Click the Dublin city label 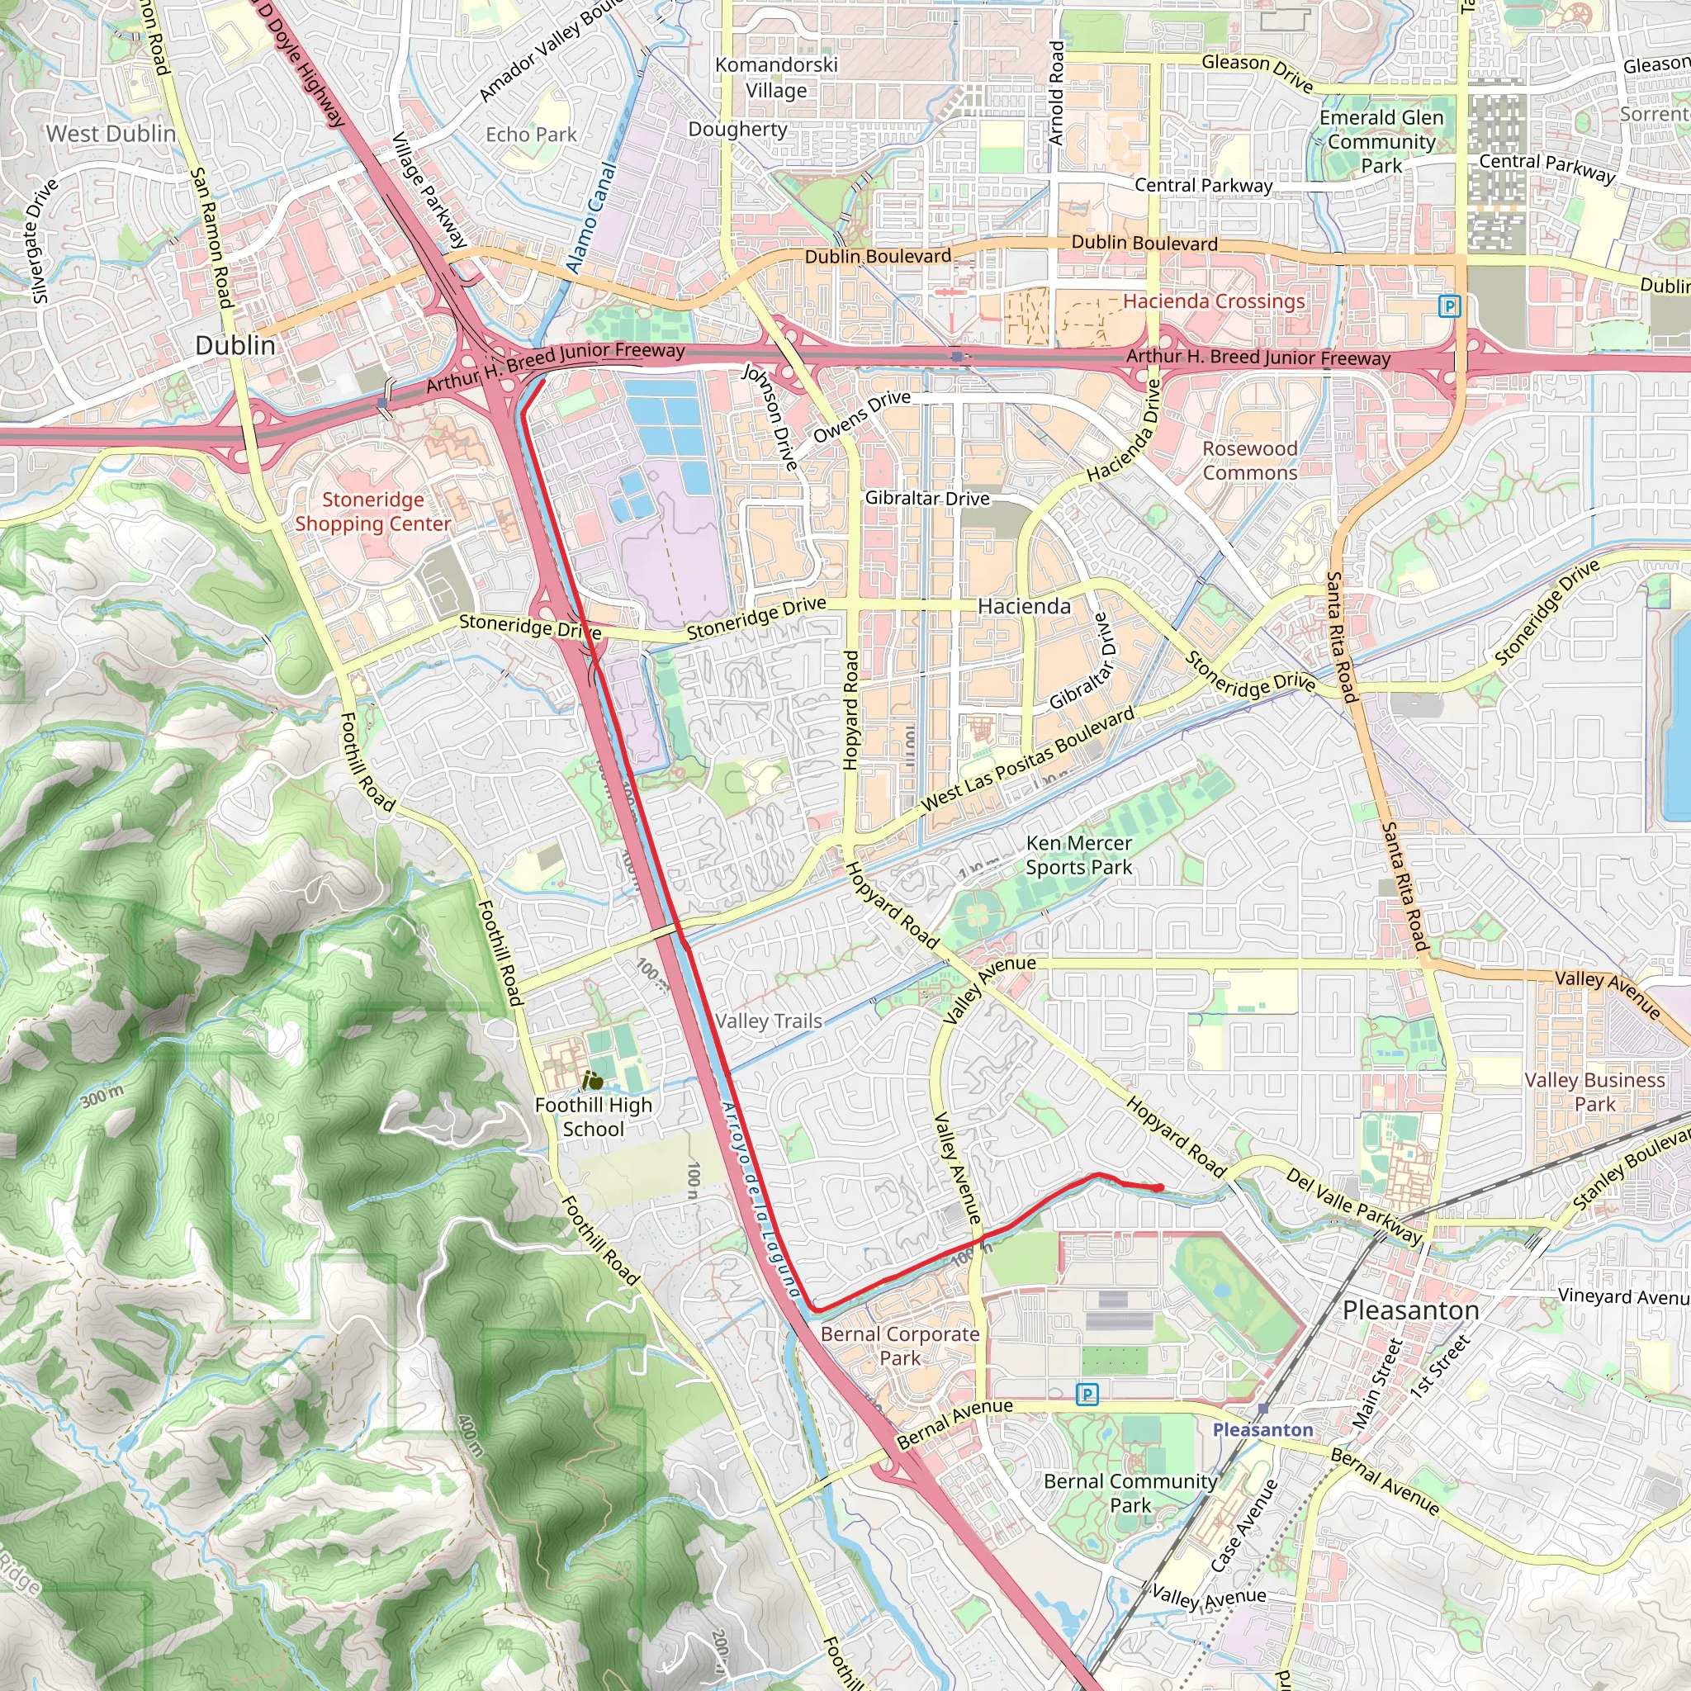point(234,345)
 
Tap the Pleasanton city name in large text point(1410,1310)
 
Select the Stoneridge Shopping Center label point(373,511)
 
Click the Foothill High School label point(594,1117)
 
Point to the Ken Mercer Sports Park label point(1078,855)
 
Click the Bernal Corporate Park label point(900,1346)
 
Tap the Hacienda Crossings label point(1213,301)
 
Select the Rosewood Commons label point(1249,461)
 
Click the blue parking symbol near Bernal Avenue point(1087,1395)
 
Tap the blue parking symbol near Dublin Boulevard point(1449,306)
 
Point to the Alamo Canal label point(591,217)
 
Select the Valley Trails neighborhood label point(769,1021)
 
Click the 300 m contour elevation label point(102,1095)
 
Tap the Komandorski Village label point(776,77)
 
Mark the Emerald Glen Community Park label point(1381,142)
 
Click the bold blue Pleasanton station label point(1262,1429)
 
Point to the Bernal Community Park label point(1130,1493)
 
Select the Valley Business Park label point(1594,1092)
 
